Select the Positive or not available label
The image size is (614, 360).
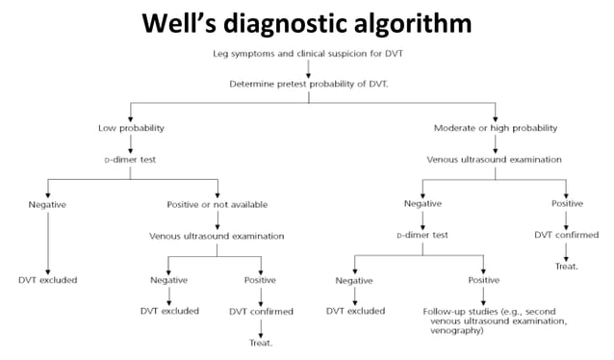(x=217, y=204)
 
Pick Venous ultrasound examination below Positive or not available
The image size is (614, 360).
(x=217, y=235)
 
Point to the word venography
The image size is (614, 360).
(x=466, y=334)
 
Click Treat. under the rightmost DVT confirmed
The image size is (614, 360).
(x=566, y=266)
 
